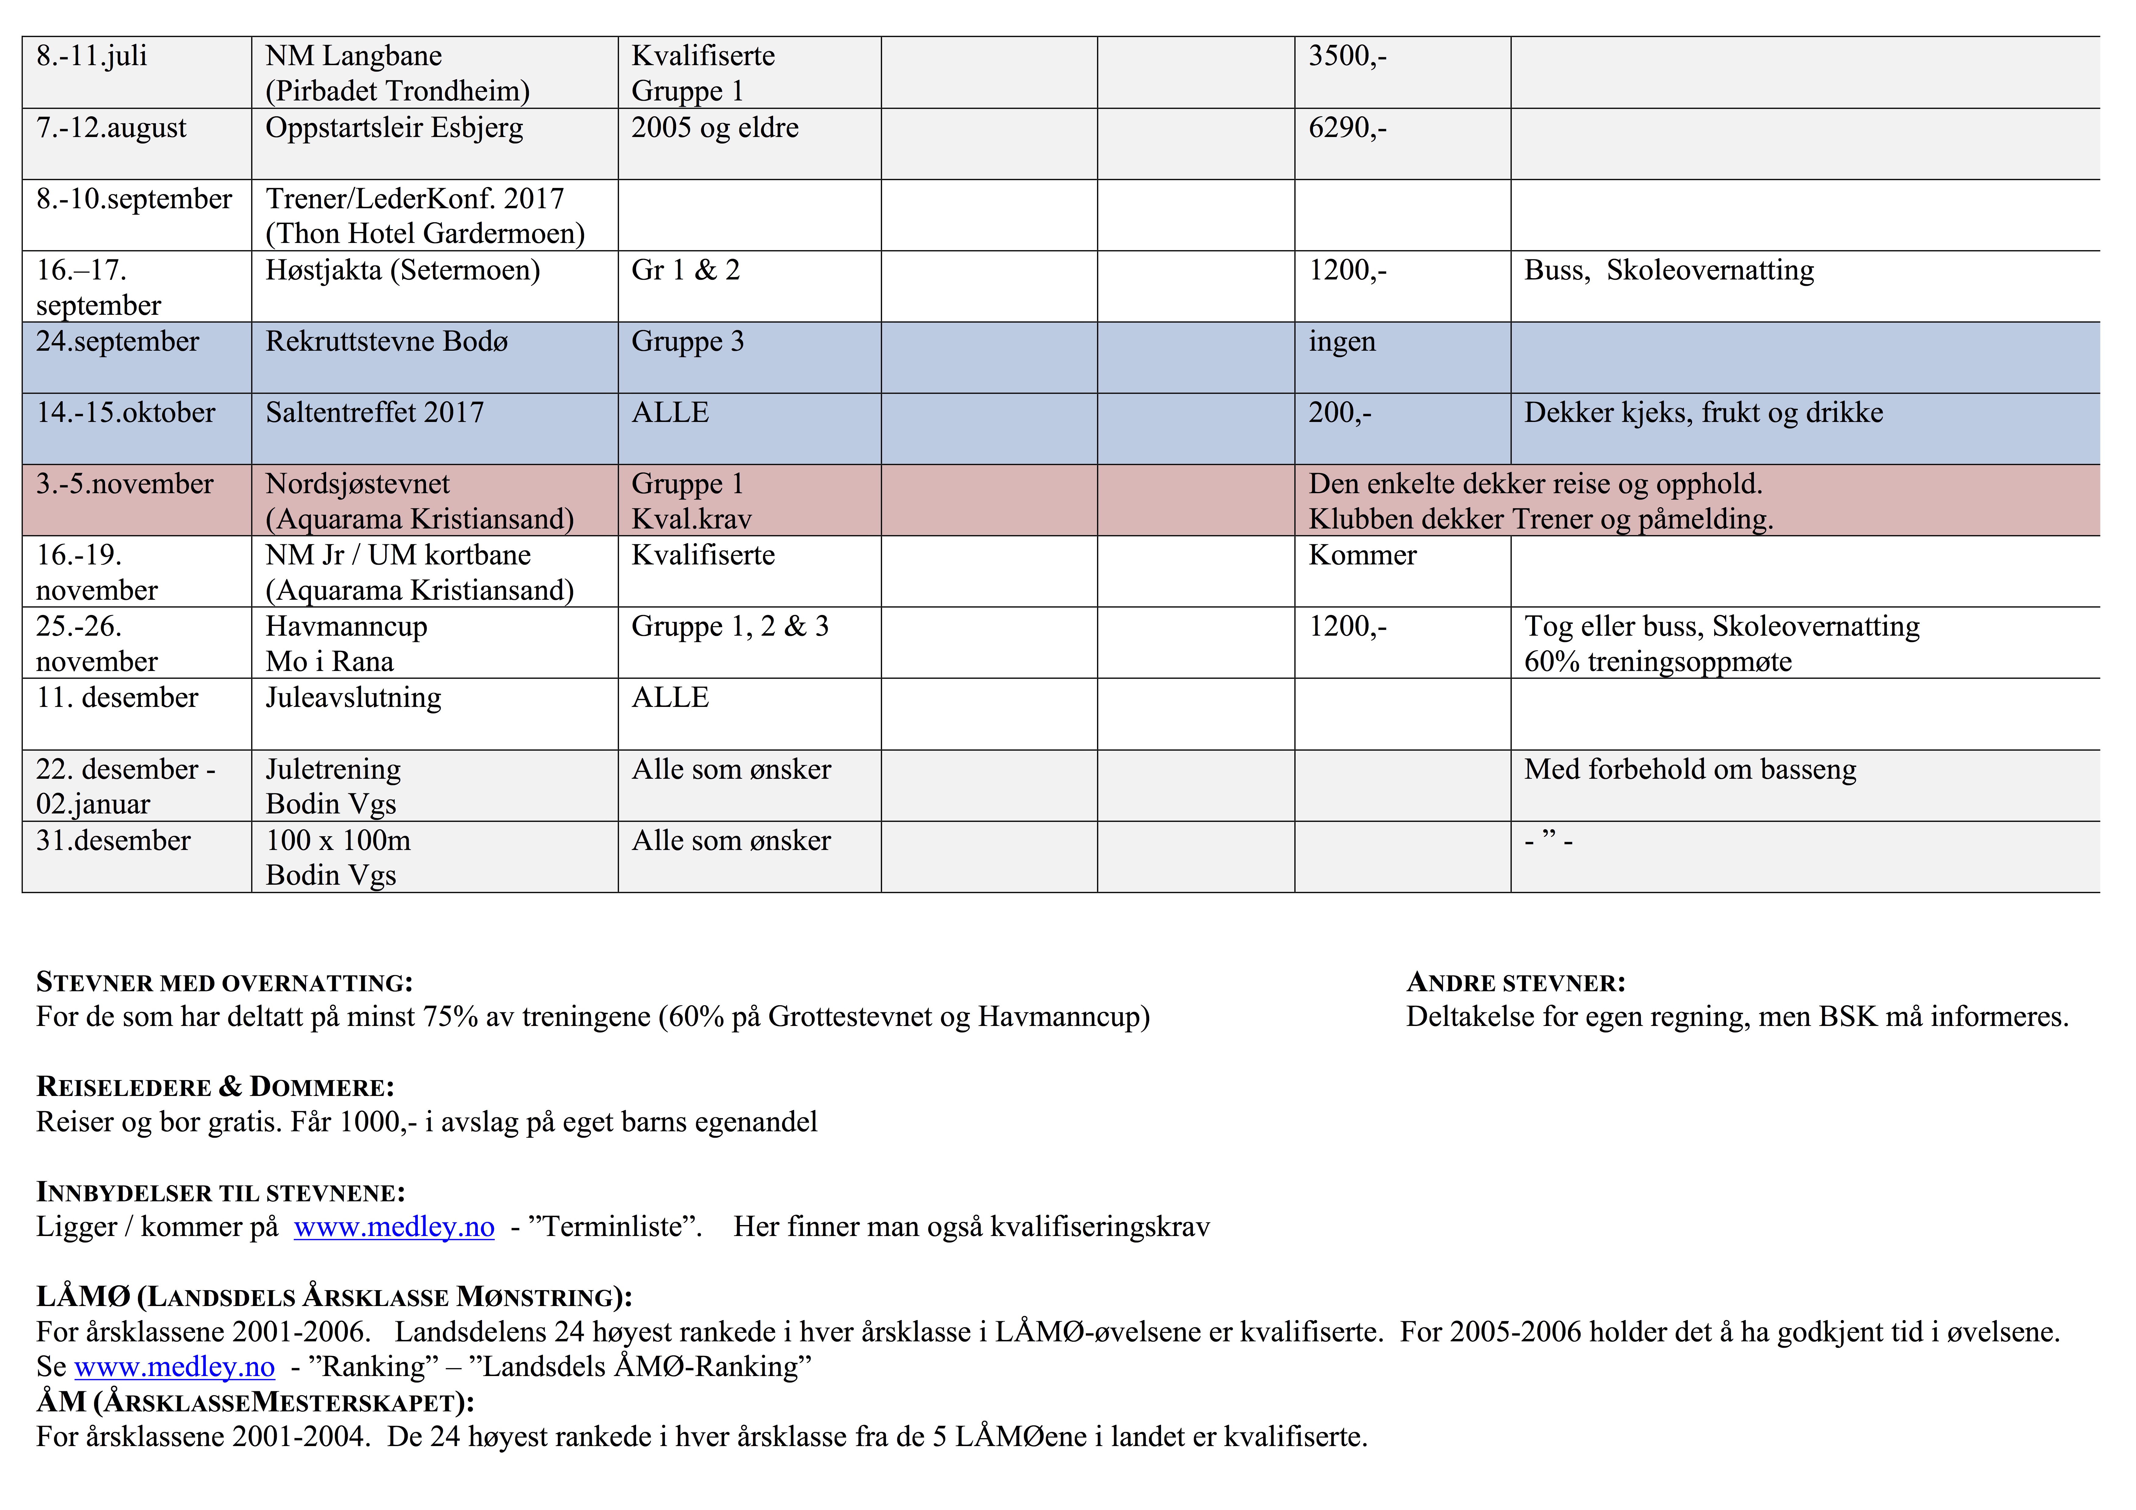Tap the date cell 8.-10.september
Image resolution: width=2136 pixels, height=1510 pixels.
(x=134, y=199)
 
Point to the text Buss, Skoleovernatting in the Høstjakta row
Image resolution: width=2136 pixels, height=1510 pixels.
(x=1668, y=271)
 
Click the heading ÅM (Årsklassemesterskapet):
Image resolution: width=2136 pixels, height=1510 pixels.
(x=255, y=1402)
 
